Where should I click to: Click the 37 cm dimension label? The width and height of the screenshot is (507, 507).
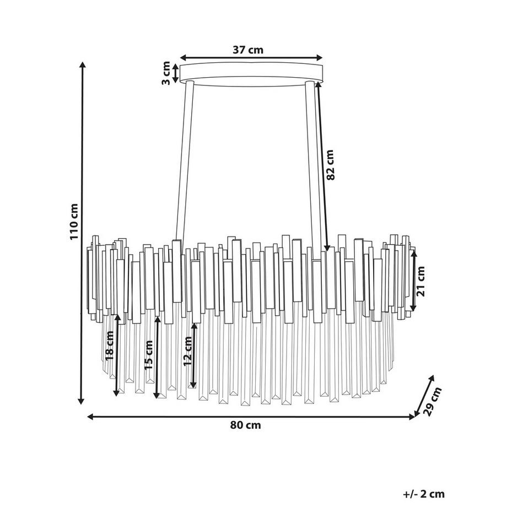248,50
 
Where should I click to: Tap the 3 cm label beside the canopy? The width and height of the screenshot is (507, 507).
166,73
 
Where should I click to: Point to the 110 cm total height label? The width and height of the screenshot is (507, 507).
74,222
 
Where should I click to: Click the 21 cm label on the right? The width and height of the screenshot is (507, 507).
420,281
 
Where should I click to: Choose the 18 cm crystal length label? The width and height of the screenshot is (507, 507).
110,346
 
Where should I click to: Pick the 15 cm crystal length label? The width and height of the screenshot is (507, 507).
148,355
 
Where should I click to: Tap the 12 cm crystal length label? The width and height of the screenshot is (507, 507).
187,351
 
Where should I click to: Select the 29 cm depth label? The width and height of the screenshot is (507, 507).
432,401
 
